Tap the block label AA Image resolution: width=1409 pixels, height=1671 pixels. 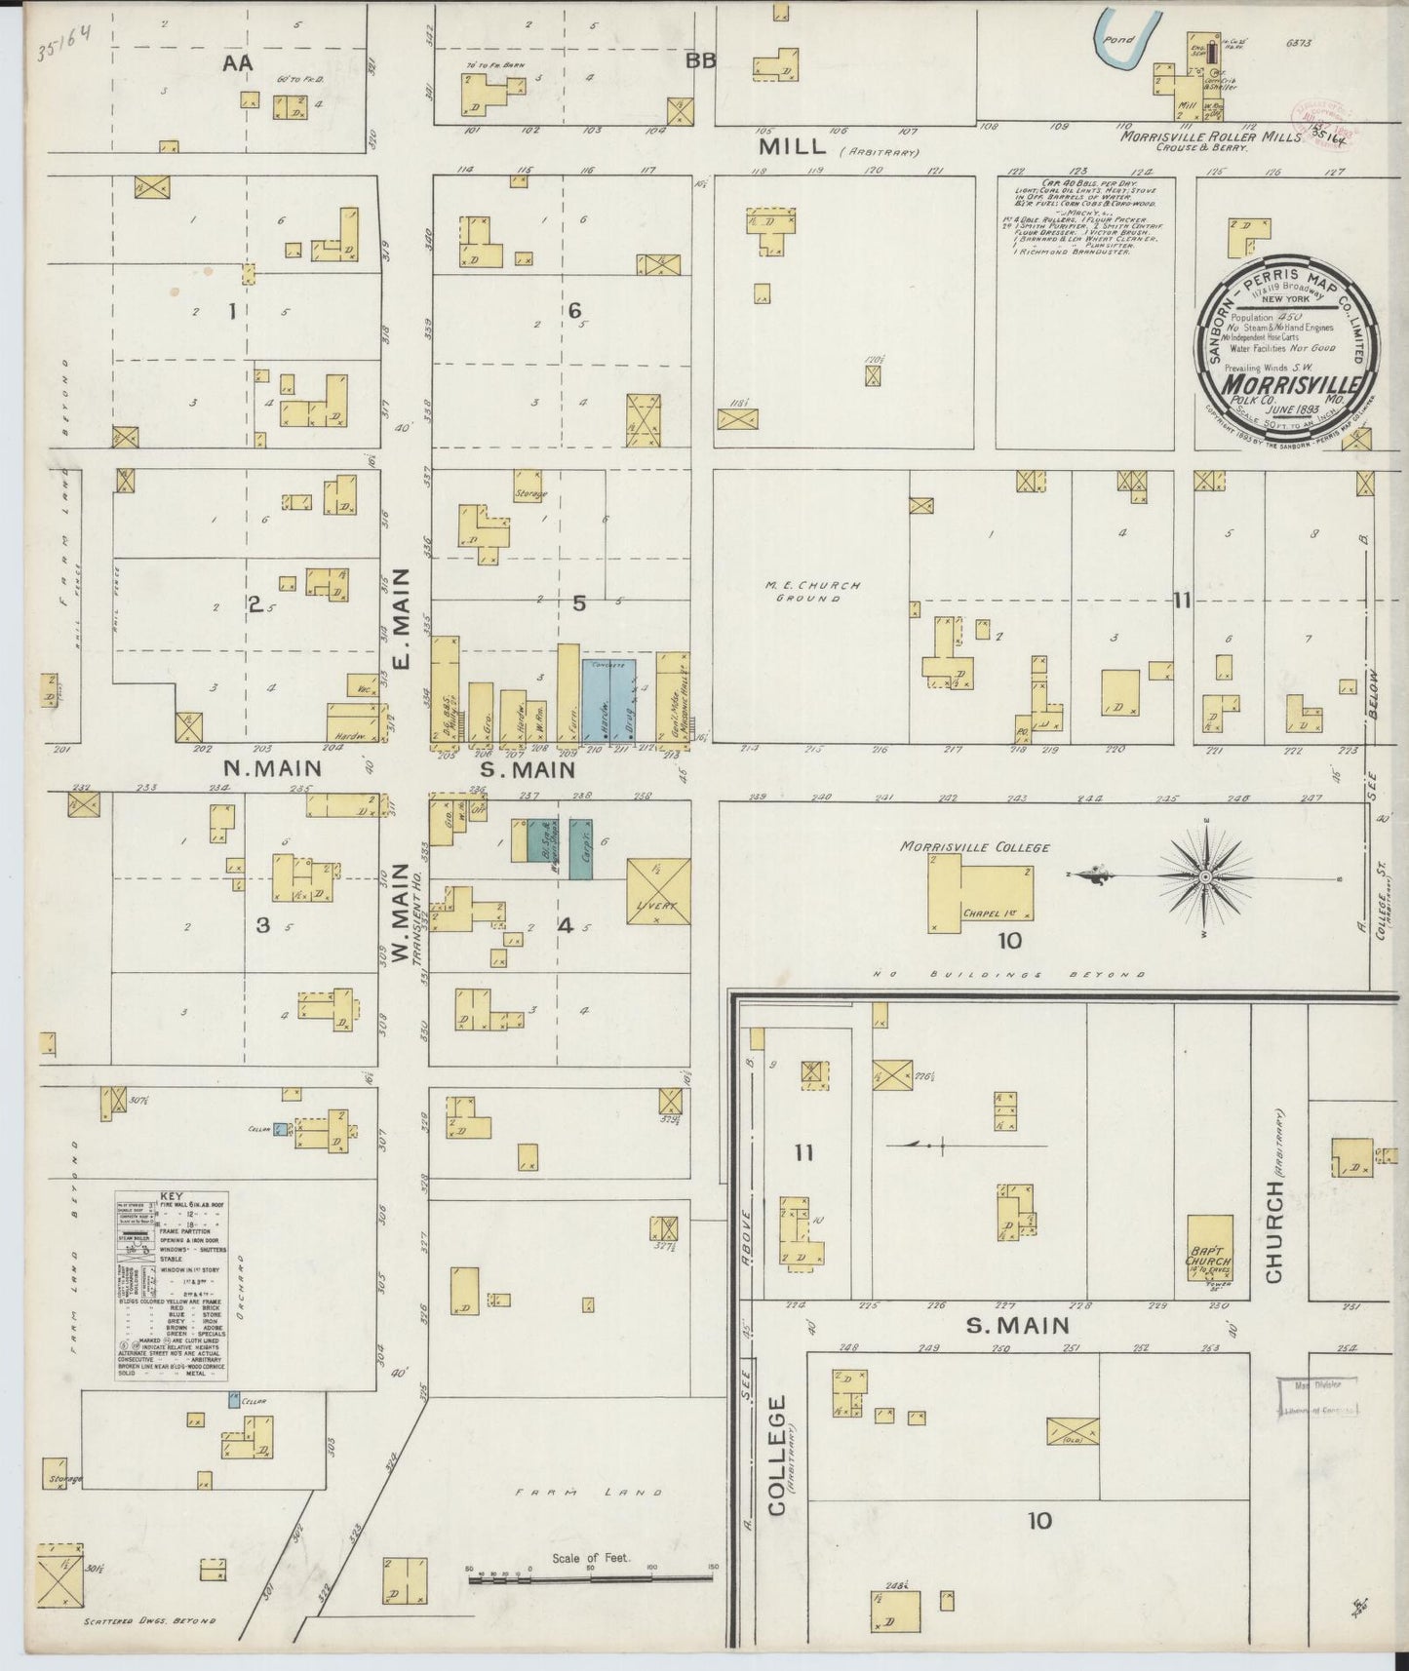[237, 63]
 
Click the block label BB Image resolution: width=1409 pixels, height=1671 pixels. [700, 61]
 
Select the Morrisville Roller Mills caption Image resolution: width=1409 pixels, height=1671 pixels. [1210, 137]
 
